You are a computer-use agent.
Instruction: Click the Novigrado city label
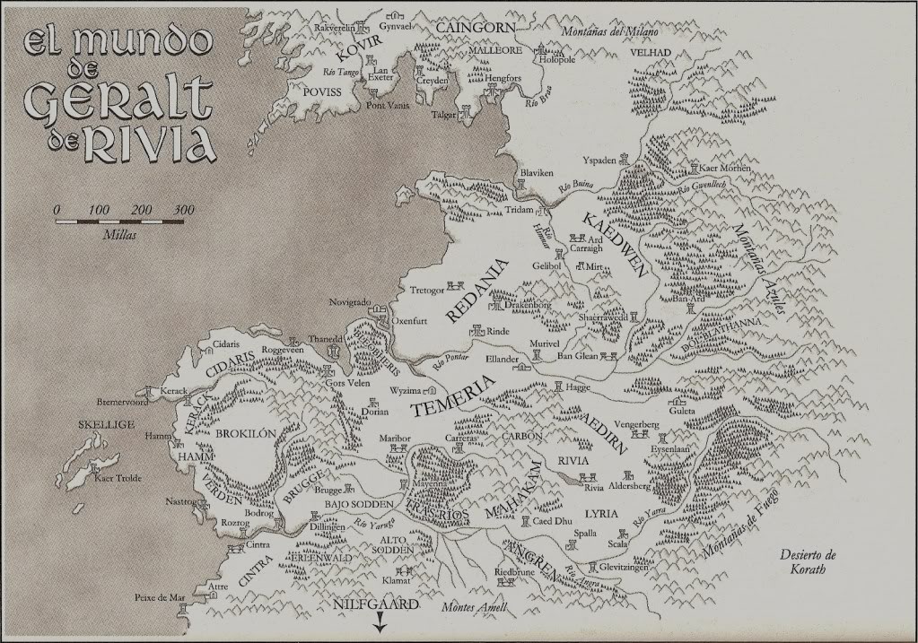(x=349, y=303)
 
